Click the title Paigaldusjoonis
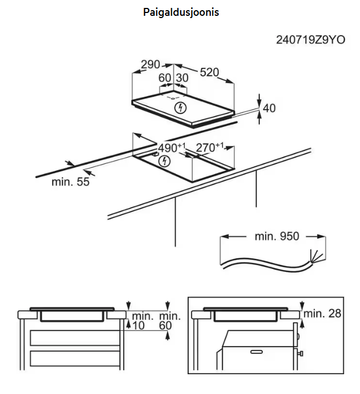point(181,12)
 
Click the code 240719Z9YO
point(310,40)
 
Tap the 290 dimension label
point(151,64)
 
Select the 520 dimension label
point(209,72)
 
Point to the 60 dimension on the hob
point(164,78)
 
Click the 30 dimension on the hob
point(183,78)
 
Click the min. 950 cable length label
point(276,236)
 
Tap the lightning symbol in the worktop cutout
point(164,161)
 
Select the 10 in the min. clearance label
point(139,326)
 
